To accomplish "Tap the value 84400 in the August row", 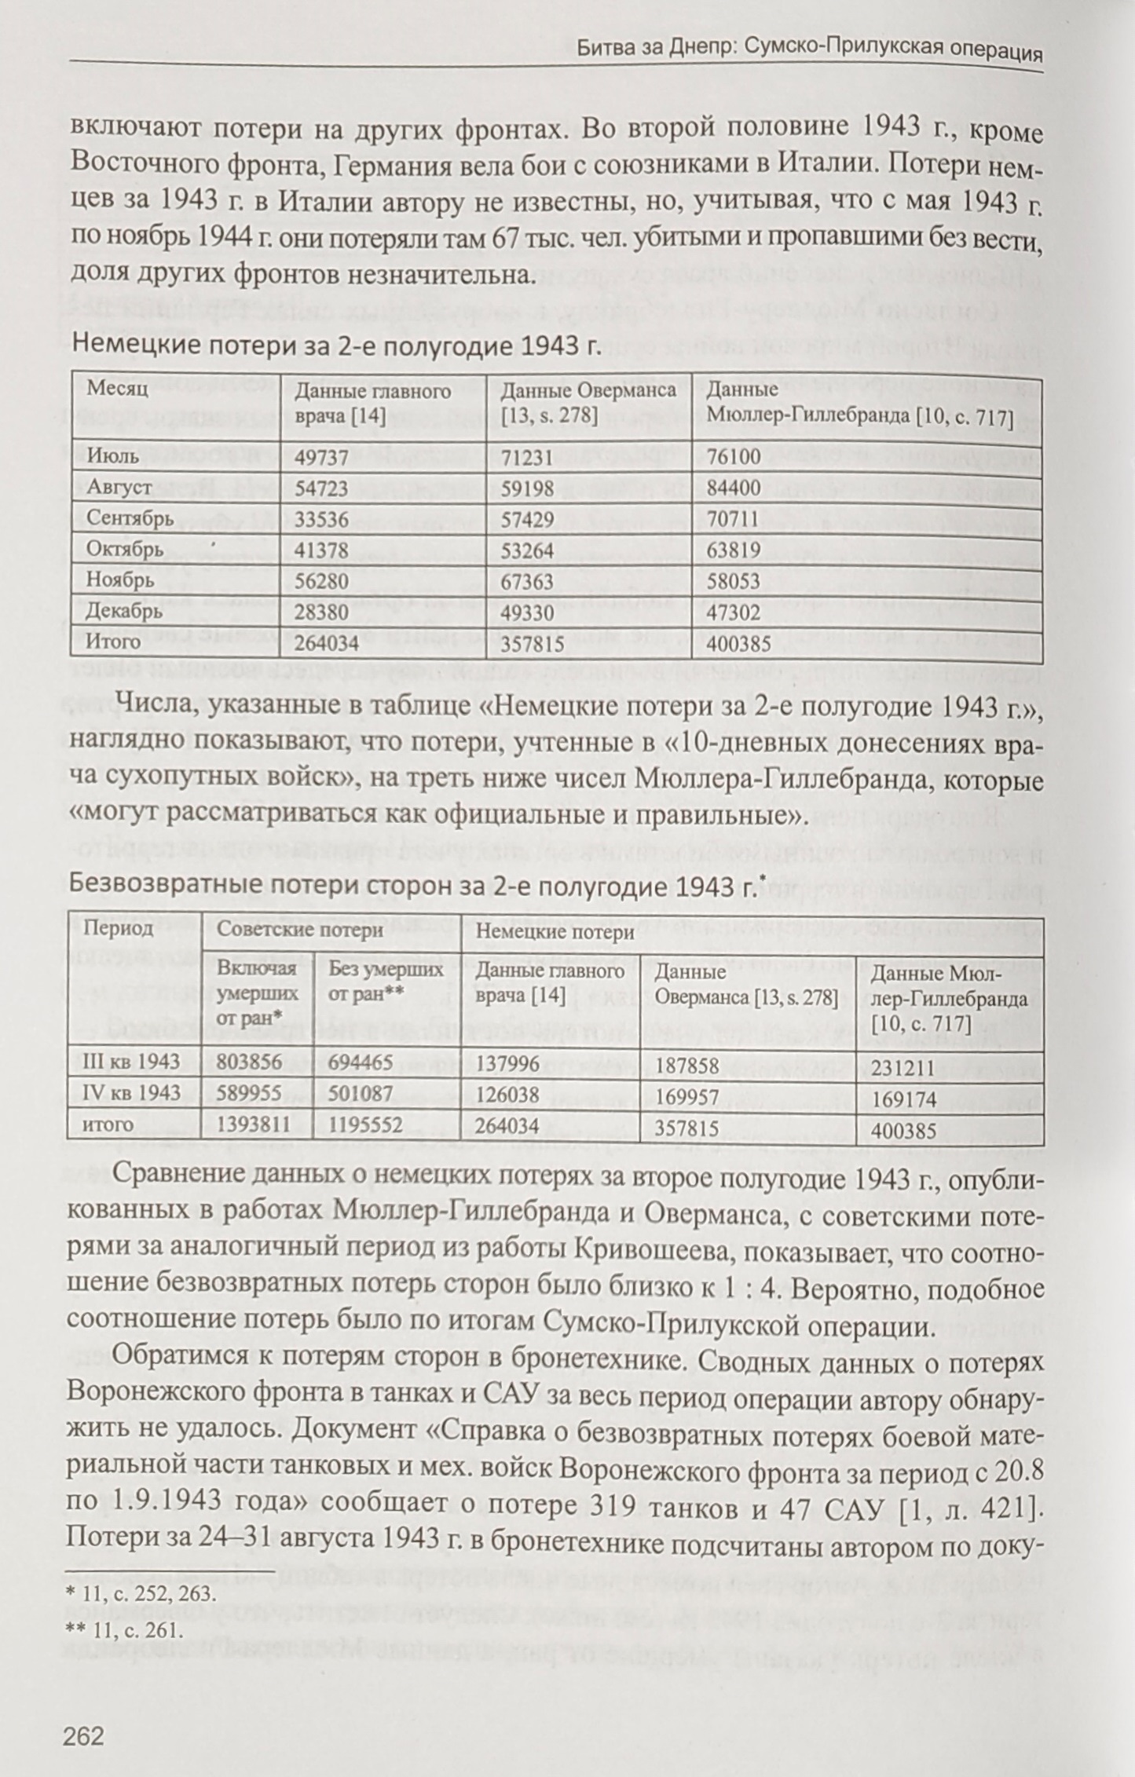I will (x=733, y=488).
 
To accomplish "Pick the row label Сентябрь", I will (x=130, y=518).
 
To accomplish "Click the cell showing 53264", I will (x=527, y=550).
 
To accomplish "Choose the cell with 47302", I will (x=733, y=612).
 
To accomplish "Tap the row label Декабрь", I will (x=125, y=611).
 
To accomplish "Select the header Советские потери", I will (x=300, y=931).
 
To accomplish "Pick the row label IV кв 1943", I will (x=131, y=1093).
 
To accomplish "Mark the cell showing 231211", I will (x=903, y=1068).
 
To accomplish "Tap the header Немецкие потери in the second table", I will (x=555, y=932).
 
